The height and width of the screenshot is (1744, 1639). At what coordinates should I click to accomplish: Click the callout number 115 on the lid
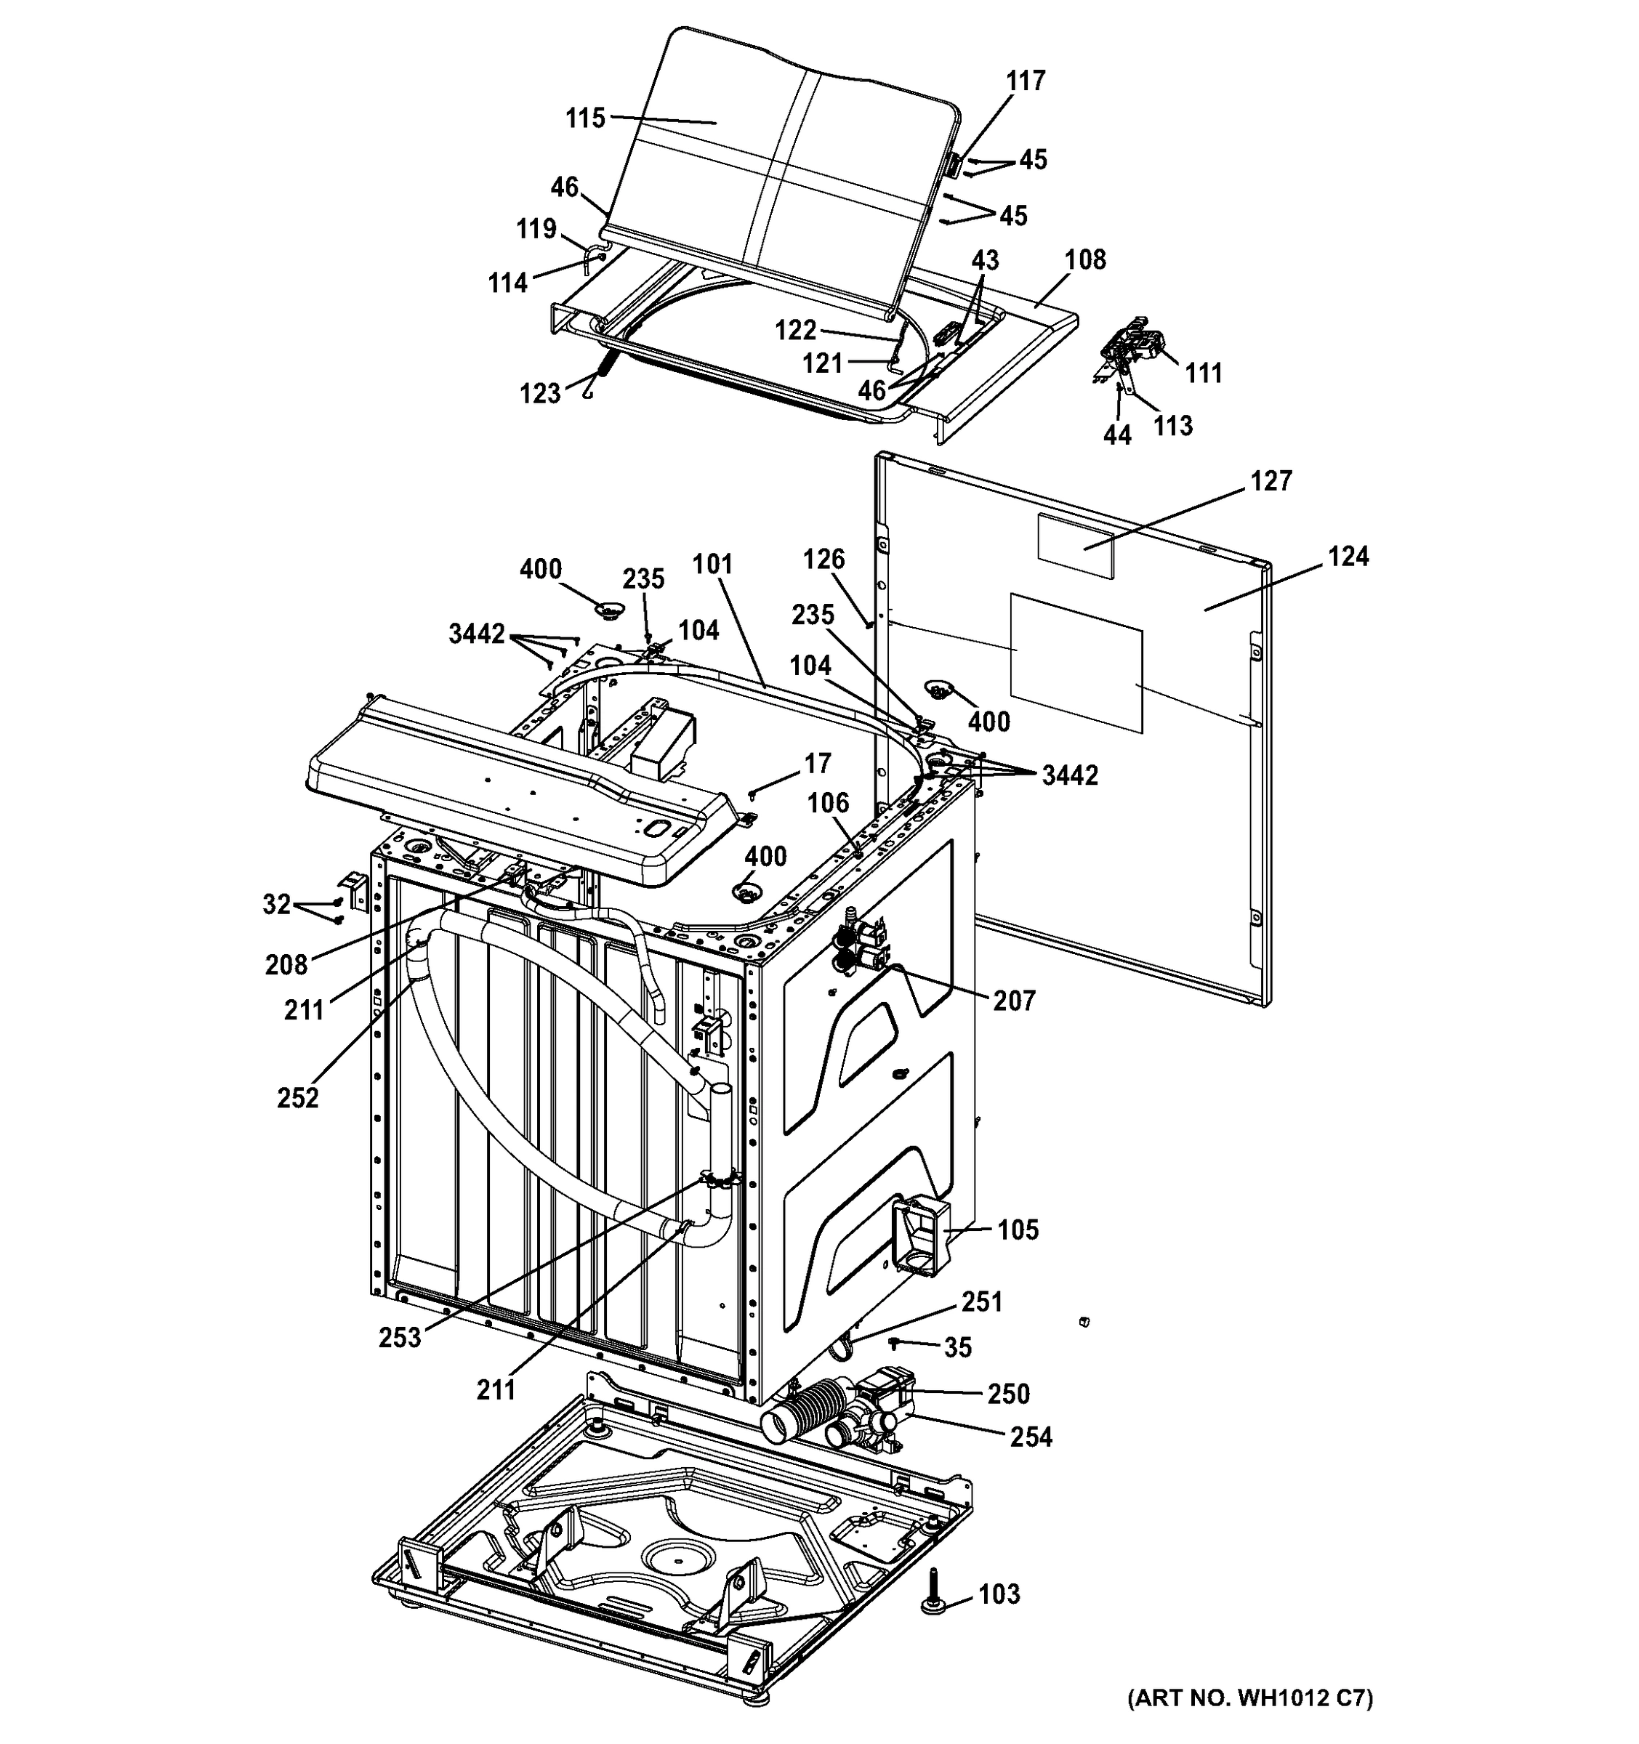pos(585,118)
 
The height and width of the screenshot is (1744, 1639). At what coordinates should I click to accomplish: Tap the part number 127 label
pos(1270,481)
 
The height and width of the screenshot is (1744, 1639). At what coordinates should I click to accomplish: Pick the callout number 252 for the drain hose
pos(297,1097)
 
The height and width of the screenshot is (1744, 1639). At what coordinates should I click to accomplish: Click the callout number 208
pos(286,965)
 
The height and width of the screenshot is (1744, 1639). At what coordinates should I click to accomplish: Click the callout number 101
pos(712,564)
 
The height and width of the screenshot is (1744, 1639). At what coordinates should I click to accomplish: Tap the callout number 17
pos(817,764)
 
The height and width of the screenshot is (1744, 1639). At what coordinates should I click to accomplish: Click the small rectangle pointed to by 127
pos(1075,546)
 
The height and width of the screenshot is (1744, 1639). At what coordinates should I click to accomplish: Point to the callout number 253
pos(400,1337)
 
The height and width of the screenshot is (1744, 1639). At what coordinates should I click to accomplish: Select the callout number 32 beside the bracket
pos(276,905)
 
